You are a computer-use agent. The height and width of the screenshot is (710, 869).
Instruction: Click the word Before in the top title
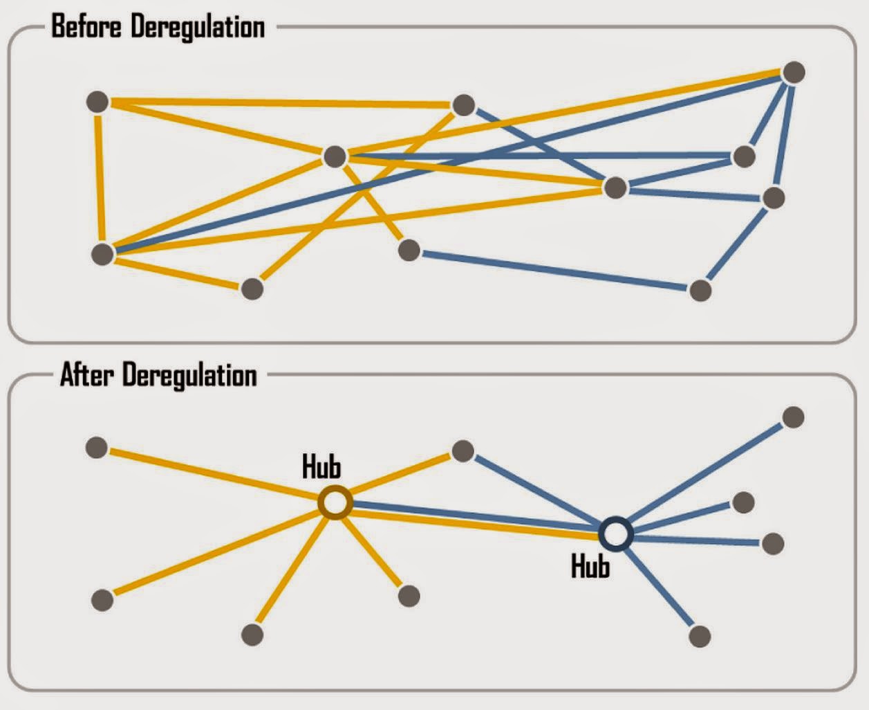click(87, 27)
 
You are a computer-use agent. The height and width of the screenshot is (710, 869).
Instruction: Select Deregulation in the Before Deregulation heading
click(198, 27)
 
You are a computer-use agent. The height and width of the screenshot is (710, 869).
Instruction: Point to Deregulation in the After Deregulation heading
click(189, 376)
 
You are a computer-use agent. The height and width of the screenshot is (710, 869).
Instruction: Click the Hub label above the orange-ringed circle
click(321, 467)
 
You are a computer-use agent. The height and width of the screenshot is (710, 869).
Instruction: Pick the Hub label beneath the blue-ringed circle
click(590, 567)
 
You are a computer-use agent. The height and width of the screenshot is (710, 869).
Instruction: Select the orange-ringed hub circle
click(335, 503)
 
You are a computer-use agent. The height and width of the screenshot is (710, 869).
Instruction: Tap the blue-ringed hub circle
click(615, 534)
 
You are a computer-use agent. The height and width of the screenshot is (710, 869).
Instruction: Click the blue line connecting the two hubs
click(477, 513)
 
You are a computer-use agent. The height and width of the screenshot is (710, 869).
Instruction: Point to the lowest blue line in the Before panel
click(553, 271)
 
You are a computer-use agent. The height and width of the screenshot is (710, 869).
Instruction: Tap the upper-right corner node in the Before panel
click(794, 72)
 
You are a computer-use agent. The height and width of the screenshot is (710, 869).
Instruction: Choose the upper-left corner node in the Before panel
click(97, 102)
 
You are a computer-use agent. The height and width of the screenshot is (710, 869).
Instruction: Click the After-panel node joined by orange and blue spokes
click(462, 452)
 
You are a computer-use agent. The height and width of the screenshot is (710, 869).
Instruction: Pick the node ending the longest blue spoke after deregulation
click(793, 417)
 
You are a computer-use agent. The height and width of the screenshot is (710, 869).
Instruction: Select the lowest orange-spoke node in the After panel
click(252, 634)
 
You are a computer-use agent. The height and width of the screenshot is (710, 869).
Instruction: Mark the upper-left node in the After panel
click(97, 447)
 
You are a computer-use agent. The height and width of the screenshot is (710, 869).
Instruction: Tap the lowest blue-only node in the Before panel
click(700, 290)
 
